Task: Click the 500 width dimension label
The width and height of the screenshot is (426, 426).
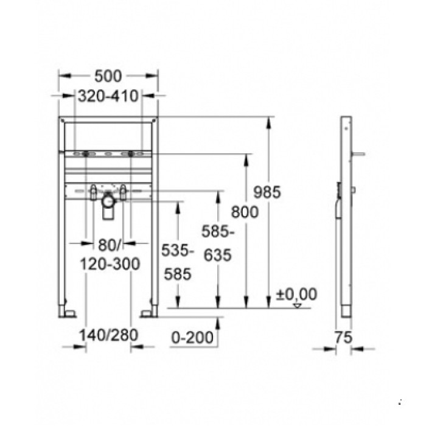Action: [108, 75]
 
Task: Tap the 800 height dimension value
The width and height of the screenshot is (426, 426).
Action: [245, 212]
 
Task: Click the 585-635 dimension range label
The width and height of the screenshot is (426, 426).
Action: [217, 243]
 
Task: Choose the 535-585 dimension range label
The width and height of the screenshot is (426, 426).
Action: [178, 262]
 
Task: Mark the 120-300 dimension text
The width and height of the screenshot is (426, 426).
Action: [110, 264]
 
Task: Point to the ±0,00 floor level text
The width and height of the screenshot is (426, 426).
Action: [296, 295]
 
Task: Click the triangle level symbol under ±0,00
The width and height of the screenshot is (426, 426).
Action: [297, 306]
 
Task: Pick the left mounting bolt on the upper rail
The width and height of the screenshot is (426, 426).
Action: [88, 155]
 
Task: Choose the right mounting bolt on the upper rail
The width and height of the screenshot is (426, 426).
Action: [129, 155]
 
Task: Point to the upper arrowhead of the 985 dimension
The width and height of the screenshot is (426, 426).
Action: [268, 122]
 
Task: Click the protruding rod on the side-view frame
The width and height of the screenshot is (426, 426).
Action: [360, 154]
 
